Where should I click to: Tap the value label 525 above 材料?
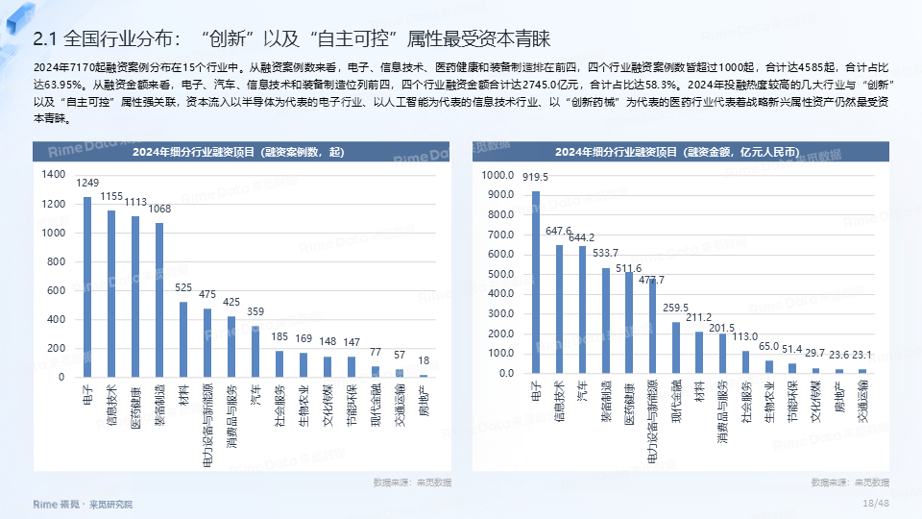(x=183, y=287)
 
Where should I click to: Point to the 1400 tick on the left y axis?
(x=54, y=176)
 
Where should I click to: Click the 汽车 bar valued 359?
(x=255, y=352)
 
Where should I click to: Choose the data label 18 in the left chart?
(x=424, y=360)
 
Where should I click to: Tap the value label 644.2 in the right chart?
(x=583, y=237)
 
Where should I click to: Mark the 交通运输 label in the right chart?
(x=862, y=403)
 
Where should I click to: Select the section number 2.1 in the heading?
(x=46, y=38)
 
